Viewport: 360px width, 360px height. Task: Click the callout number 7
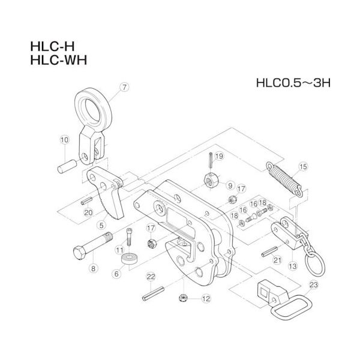pyautogui.click(x=124, y=88)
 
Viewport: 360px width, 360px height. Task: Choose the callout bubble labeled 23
pyautogui.click(x=313, y=285)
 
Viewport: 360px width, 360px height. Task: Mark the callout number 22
pyautogui.click(x=151, y=276)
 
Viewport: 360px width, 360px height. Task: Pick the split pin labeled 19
pyautogui.click(x=209, y=160)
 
